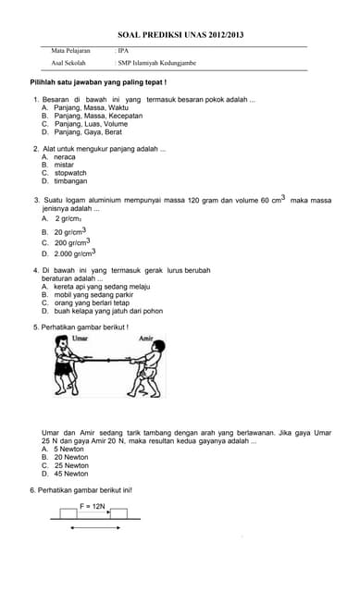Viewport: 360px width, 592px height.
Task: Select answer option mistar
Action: [64, 165]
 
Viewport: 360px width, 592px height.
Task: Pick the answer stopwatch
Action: [70, 173]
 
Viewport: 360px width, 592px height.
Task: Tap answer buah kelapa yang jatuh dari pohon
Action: [108, 311]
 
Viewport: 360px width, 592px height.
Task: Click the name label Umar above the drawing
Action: [79, 339]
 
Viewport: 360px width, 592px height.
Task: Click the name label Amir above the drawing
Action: [145, 339]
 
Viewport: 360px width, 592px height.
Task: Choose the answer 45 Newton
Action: [71, 474]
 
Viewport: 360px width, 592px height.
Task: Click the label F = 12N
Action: [93, 506]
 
